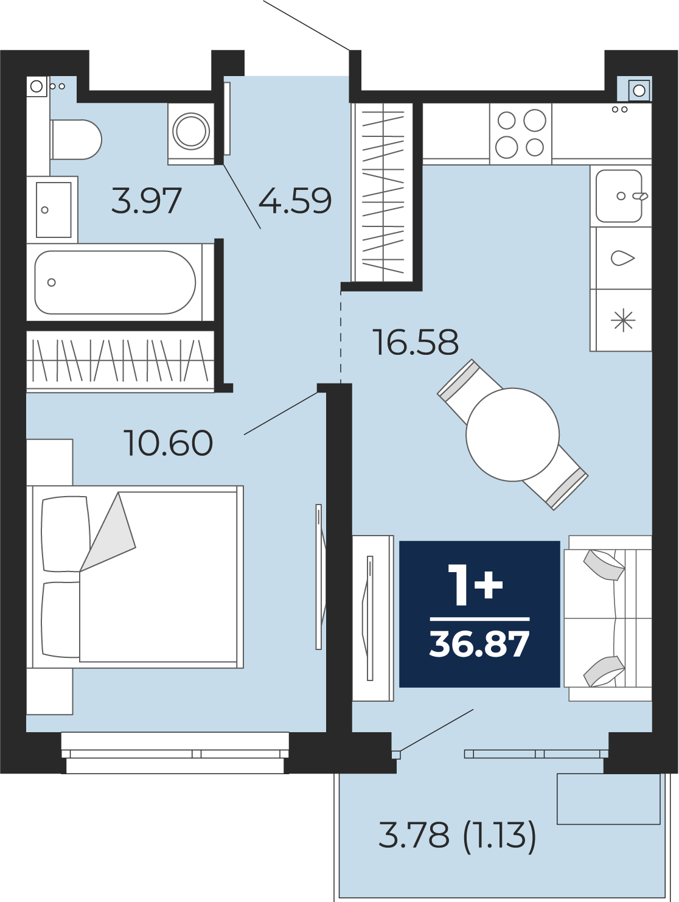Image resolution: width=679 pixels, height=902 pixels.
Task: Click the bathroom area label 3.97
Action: click(146, 200)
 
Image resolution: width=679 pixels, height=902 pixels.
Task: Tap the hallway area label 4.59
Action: click(295, 200)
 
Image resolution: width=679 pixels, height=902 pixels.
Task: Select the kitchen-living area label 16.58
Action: click(416, 342)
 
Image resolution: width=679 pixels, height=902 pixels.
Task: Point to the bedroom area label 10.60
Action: click(168, 443)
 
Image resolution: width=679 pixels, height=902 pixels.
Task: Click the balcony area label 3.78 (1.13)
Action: click(457, 834)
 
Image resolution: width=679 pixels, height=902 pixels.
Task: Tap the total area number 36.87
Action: click(479, 645)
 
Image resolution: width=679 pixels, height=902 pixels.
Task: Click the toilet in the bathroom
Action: click(76, 140)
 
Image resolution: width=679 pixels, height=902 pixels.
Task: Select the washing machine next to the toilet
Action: click(191, 133)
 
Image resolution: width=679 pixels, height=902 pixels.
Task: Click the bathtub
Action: click(115, 282)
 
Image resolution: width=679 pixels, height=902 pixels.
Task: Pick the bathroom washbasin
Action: click(54, 209)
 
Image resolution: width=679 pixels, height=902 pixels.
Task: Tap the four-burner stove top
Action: click(520, 133)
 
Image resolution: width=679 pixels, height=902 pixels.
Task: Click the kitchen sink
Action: click(619, 196)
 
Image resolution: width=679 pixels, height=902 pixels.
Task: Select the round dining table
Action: click(512, 435)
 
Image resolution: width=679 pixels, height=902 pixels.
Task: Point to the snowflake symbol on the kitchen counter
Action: click(623, 321)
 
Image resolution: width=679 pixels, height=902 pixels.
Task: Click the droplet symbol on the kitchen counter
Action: click(623, 259)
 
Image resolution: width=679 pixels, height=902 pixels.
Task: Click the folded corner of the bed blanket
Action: click(108, 532)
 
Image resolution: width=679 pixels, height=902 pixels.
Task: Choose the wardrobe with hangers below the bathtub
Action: click(120, 360)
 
